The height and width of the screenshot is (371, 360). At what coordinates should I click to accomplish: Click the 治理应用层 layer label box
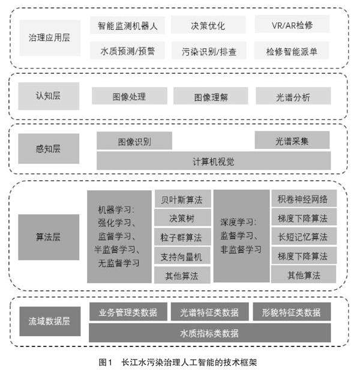[x=49, y=37]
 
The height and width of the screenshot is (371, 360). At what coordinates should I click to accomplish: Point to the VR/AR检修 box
[x=292, y=26]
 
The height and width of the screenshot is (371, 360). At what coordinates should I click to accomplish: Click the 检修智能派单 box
[x=292, y=51]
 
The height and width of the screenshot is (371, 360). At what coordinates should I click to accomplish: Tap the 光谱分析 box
[x=293, y=96]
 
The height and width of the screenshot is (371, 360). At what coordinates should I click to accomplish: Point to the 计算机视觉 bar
[x=213, y=161]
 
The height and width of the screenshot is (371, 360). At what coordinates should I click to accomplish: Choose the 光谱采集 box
[x=292, y=141]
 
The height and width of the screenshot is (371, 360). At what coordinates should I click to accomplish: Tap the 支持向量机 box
[x=182, y=256]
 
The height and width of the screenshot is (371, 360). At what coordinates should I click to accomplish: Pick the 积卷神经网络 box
[x=303, y=199]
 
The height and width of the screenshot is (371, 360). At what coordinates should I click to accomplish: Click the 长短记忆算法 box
[x=303, y=237]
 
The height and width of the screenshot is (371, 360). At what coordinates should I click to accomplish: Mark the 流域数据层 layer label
[x=49, y=321]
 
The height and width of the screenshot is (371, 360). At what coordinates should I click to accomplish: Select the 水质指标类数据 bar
[x=209, y=333]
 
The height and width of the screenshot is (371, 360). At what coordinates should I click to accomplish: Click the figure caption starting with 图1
[x=179, y=362]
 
